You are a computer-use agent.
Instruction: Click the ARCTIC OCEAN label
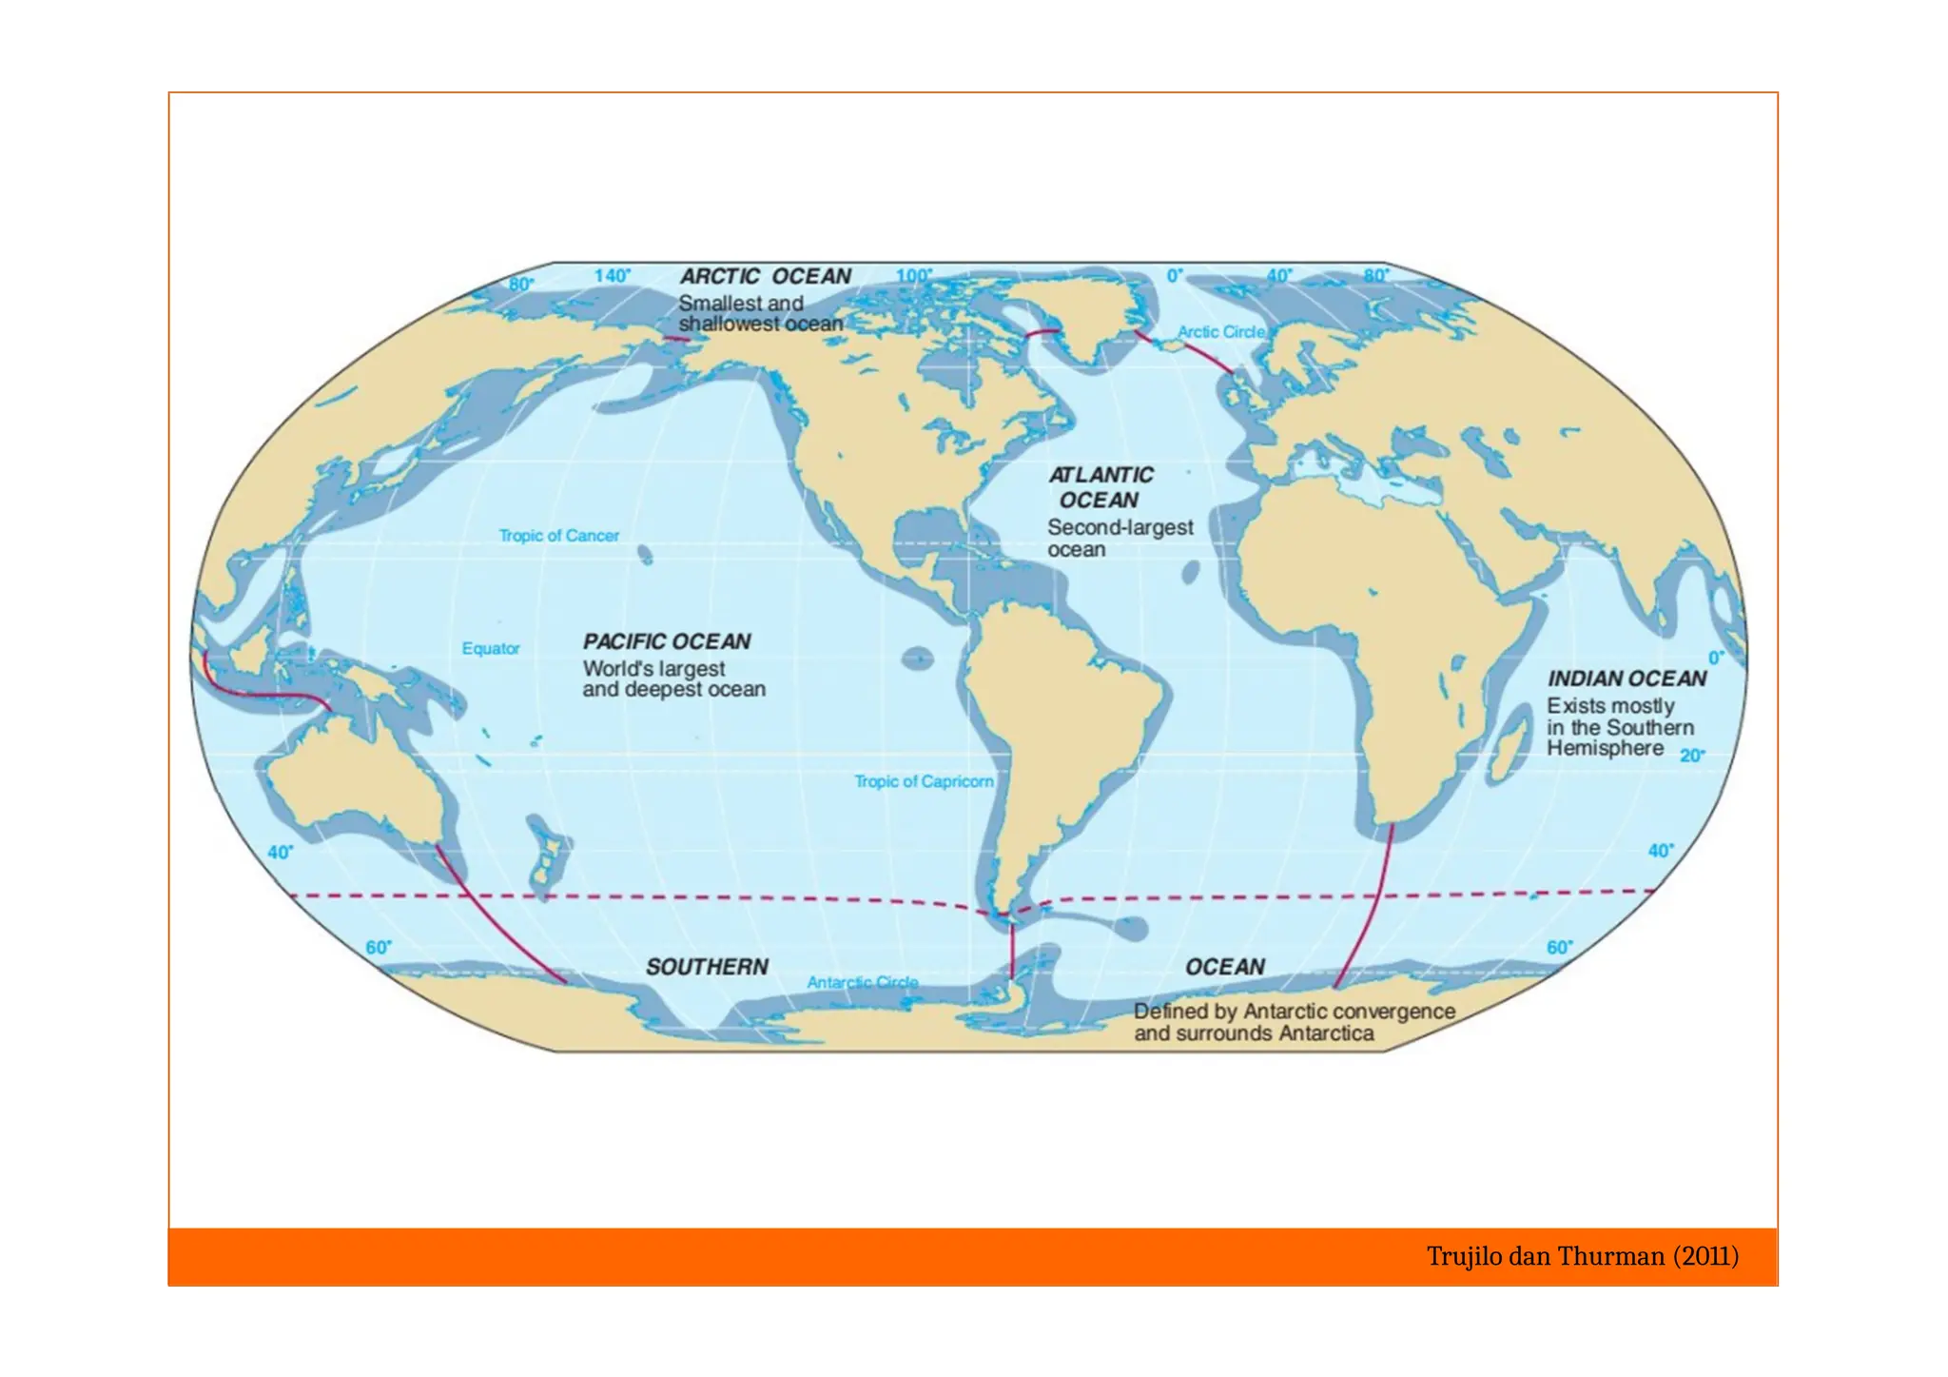point(765,277)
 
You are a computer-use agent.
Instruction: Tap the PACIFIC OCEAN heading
point(667,642)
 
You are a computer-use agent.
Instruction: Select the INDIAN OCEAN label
point(1627,679)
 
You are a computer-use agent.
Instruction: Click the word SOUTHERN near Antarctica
point(707,967)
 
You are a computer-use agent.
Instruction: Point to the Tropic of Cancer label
point(558,536)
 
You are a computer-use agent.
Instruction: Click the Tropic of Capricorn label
point(923,781)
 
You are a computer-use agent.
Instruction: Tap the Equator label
point(491,649)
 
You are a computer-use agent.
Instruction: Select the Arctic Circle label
point(1221,332)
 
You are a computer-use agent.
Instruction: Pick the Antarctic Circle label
point(862,982)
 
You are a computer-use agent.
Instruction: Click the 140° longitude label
point(612,276)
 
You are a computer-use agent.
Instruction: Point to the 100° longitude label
point(913,276)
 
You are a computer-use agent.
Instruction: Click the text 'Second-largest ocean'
point(1120,539)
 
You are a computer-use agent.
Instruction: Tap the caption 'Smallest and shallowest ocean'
point(760,314)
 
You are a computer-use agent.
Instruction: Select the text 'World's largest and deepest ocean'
point(673,679)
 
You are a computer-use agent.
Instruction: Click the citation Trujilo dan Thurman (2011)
point(1582,1257)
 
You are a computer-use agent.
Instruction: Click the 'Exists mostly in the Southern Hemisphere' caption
point(1619,727)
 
